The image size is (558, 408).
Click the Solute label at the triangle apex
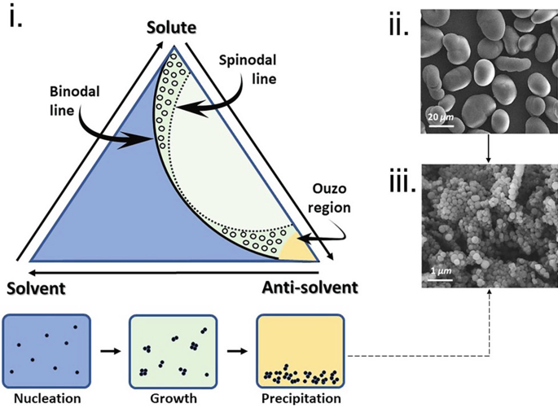pyautogui.click(x=172, y=29)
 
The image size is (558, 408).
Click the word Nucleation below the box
pyautogui.click(x=46, y=398)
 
